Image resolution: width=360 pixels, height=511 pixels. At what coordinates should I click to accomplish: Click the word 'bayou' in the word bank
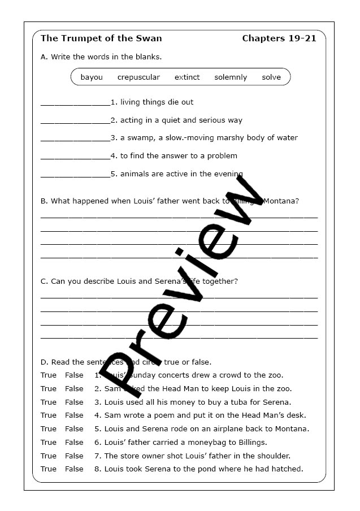(92, 77)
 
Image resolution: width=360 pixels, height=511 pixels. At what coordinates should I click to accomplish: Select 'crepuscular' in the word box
(138, 77)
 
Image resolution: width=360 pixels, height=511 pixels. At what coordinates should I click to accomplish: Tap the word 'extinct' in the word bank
(187, 77)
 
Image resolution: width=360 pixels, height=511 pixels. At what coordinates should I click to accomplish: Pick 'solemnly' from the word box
(231, 77)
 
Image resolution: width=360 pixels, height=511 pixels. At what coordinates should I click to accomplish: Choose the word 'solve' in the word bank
(271, 77)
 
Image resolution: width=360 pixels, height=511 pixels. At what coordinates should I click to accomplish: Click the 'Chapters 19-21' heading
(279, 38)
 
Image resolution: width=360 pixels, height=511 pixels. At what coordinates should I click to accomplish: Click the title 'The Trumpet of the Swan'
(101, 38)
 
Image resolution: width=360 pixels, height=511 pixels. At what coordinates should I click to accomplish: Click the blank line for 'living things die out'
(75, 103)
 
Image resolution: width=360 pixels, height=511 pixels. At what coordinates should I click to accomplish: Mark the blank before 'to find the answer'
(75, 157)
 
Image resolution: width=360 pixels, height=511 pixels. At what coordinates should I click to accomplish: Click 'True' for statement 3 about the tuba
(49, 402)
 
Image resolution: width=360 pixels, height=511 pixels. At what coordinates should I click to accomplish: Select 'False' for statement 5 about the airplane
(74, 428)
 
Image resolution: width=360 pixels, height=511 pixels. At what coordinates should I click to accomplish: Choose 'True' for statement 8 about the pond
(49, 469)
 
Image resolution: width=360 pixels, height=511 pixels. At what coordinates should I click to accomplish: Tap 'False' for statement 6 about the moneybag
(74, 442)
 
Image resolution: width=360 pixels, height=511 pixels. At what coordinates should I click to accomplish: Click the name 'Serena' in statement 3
(276, 402)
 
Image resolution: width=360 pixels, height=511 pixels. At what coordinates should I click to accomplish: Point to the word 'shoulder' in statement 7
(274, 456)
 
